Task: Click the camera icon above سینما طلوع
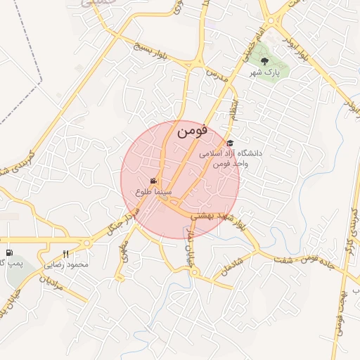[154, 181]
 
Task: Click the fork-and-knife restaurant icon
[66, 254]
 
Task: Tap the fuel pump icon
[8, 253]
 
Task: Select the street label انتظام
[233, 108]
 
